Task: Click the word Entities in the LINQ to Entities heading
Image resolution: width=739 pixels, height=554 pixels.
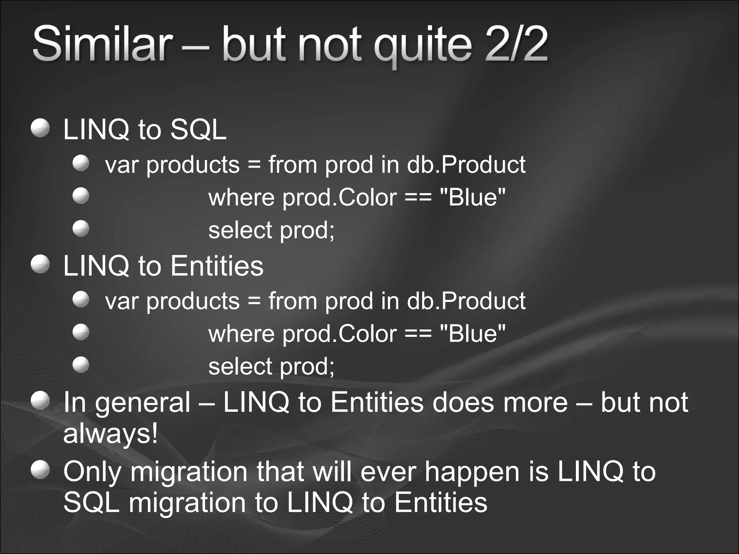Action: (217, 266)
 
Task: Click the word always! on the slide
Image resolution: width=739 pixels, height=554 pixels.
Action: (110, 434)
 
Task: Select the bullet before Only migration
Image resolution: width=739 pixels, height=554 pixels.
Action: (40, 470)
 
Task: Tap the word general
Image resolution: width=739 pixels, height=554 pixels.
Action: (143, 403)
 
